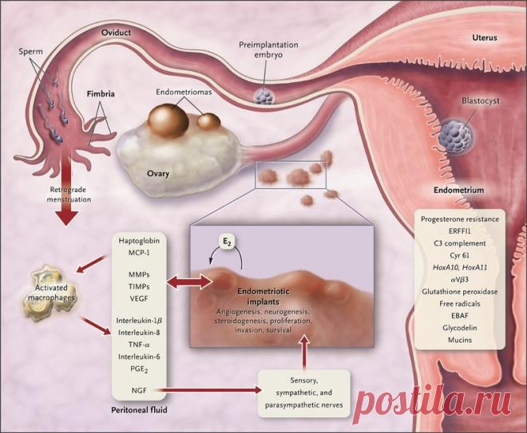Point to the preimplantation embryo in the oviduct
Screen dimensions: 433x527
264,96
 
